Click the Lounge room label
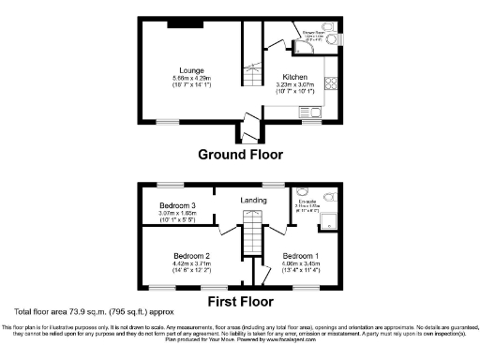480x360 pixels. pyautogui.click(x=193, y=69)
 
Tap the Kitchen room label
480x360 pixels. pyautogui.click(x=295, y=77)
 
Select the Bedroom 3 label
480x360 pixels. pyautogui.click(x=177, y=205)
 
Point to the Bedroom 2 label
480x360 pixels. pyautogui.click(x=191, y=255)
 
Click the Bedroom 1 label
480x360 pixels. pyautogui.click(x=302, y=255)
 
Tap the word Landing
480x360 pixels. pyautogui.click(x=254, y=200)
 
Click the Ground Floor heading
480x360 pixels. pyautogui.click(x=241, y=155)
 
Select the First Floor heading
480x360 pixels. pyautogui.click(x=241, y=302)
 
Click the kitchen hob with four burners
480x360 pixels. pyautogui.click(x=333, y=83)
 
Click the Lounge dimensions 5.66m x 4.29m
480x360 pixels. pyautogui.click(x=193, y=78)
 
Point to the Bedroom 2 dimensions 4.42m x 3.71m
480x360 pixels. pyautogui.click(x=191, y=264)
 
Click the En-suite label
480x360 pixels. pyautogui.click(x=307, y=201)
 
